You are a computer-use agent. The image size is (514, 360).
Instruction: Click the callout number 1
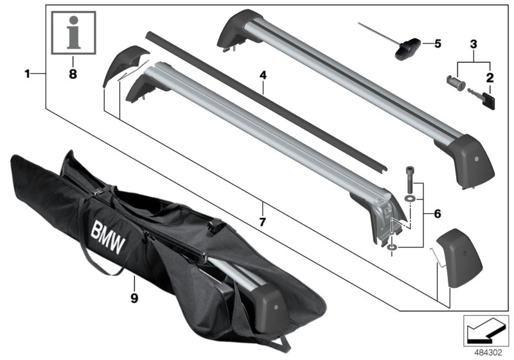[x=28, y=75]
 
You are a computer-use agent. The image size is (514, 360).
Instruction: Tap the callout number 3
[x=473, y=44]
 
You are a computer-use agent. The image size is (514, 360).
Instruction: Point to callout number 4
[x=263, y=75]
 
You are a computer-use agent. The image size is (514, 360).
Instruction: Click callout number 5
[x=438, y=44]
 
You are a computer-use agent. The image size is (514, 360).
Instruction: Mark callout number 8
[x=73, y=74]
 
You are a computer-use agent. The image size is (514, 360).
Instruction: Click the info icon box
[x=73, y=32]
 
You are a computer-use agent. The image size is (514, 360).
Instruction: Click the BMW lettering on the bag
[x=108, y=233]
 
